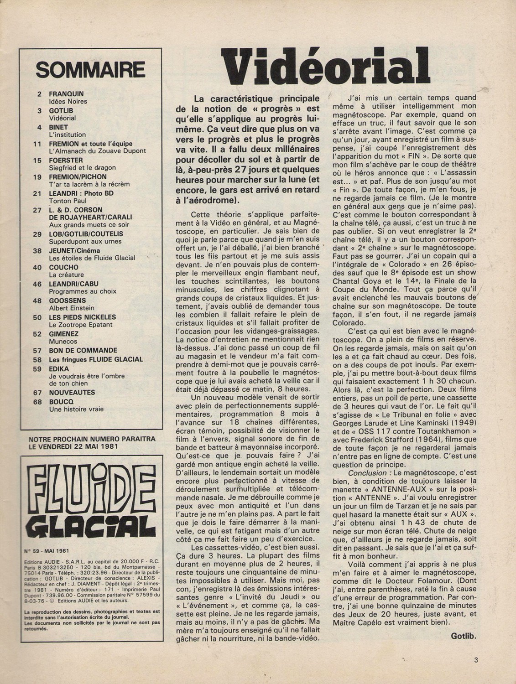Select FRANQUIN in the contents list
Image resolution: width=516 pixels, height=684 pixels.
[x=66, y=93]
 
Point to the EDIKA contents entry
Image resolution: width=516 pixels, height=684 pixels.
[x=59, y=368]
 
